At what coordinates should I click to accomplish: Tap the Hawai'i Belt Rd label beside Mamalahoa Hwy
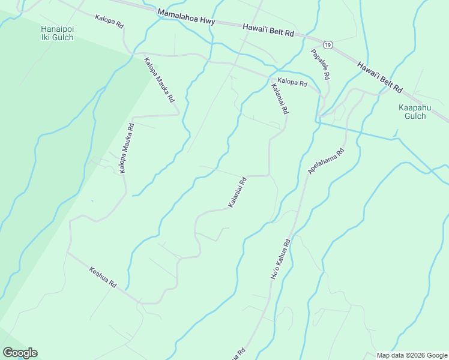pos(269,31)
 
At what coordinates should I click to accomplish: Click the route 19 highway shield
pos(327,45)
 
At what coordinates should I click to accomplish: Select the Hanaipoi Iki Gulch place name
pos(57,33)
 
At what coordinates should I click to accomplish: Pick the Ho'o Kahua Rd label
pos(279,259)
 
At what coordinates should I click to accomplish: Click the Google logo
pos(20,353)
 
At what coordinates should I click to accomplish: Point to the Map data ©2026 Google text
pos(412,355)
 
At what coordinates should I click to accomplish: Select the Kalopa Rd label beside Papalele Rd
pos(292,83)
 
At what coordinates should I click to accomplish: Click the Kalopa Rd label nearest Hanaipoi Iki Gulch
pos(109,23)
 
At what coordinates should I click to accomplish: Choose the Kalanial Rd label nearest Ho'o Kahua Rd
pos(238,193)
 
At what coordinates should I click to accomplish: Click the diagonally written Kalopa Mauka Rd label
pos(159,79)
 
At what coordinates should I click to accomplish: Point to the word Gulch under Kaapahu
pos(412,116)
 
